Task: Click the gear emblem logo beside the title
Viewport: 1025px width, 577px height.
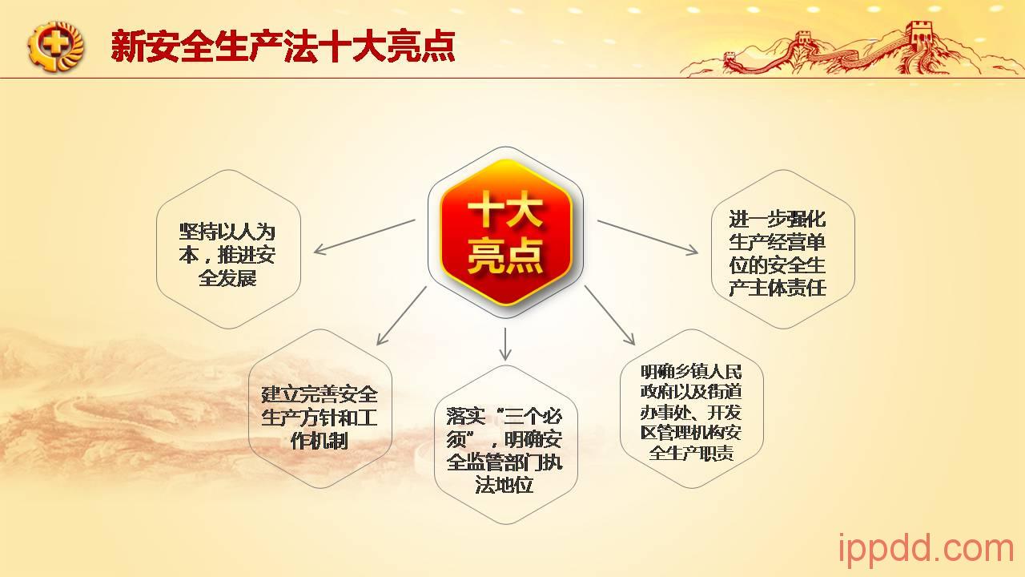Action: [56, 46]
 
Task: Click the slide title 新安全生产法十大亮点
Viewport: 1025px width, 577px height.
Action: [283, 46]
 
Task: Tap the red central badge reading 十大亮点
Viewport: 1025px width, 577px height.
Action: [505, 232]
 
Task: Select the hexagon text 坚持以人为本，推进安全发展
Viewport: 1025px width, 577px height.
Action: [227, 255]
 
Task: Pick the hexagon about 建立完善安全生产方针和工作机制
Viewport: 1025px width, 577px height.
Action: [320, 418]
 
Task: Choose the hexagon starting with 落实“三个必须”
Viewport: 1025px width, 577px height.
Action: [504, 450]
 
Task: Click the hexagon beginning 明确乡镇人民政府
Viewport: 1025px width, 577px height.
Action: [691, 412]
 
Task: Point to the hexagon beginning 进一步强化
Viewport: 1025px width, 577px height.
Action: [778, 253]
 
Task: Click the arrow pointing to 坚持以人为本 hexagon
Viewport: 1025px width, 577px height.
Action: [364, 236]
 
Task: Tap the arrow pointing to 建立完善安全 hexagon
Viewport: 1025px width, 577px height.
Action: [401, 316]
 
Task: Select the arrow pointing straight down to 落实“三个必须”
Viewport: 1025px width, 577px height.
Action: [505, 344]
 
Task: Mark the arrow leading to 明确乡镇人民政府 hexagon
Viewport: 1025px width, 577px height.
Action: [609, 315]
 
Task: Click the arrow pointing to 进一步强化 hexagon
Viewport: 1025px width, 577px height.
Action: [648, 237]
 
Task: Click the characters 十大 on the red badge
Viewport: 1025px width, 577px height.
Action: [505, 210]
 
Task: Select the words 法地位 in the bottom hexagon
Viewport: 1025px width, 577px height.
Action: [504, 485]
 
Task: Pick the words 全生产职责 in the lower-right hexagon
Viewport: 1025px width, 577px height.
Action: [691, 453]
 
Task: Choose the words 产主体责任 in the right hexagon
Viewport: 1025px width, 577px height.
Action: [778, 288]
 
